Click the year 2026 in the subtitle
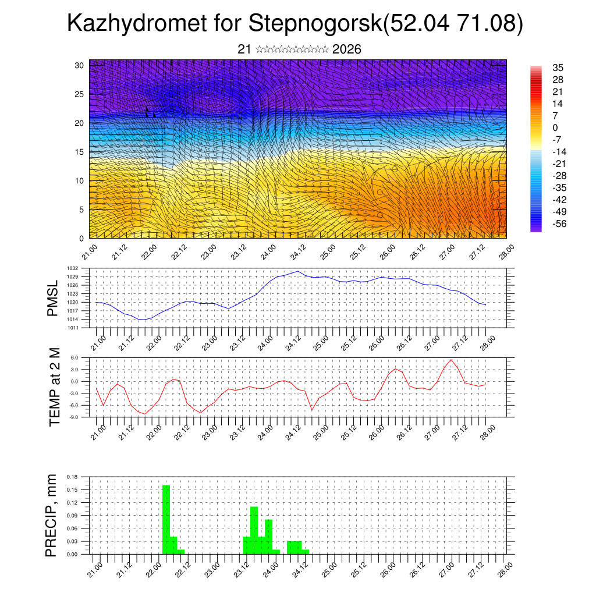pos(346,49)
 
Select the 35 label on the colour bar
pos(558,68)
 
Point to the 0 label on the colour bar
pos(555,127)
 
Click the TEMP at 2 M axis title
pos(55,387)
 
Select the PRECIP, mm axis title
pos(52,516)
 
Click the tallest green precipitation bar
pos(166,518)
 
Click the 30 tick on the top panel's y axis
pos(79,65)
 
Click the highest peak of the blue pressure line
pos(299,271)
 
